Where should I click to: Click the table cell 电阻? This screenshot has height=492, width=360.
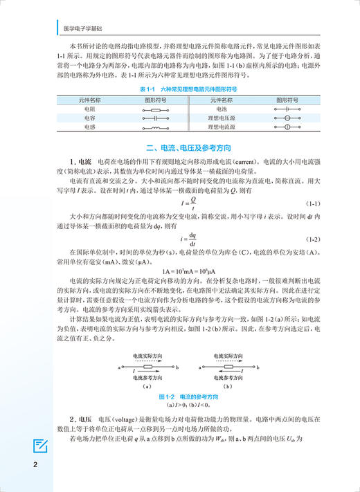(x=90, y=109)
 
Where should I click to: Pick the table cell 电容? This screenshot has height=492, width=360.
(x=90, y=118)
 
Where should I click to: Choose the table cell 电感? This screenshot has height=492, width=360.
(x=90, y=127)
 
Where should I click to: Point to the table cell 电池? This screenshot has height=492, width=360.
(x=220, y=109)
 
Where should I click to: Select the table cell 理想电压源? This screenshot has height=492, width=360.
(x=220, y=118)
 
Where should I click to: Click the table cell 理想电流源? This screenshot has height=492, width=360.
(x=220, y=127)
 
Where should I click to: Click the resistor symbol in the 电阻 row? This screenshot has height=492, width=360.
(x=156, y=109)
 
